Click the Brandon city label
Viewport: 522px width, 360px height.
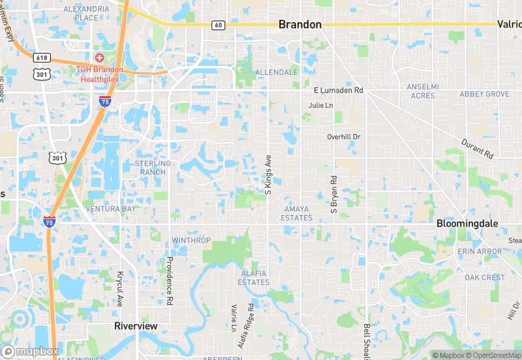tap(299, 24)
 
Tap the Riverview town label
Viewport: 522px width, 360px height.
tap(135, 326)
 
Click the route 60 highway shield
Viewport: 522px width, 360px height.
tap(218, 25)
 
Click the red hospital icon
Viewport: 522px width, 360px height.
tap(100, 57)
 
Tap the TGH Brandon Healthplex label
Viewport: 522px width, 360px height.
tap(100, 74)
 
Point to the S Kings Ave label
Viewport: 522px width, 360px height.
tap(269, 172)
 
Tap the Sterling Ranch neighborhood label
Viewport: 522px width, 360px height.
tap(150, 168)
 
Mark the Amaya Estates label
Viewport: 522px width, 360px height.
tap(297, 213)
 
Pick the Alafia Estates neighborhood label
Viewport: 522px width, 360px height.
tap(254, 278)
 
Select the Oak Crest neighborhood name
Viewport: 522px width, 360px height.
tap(484, 278)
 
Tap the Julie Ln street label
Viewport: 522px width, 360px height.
tap(321, 105)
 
